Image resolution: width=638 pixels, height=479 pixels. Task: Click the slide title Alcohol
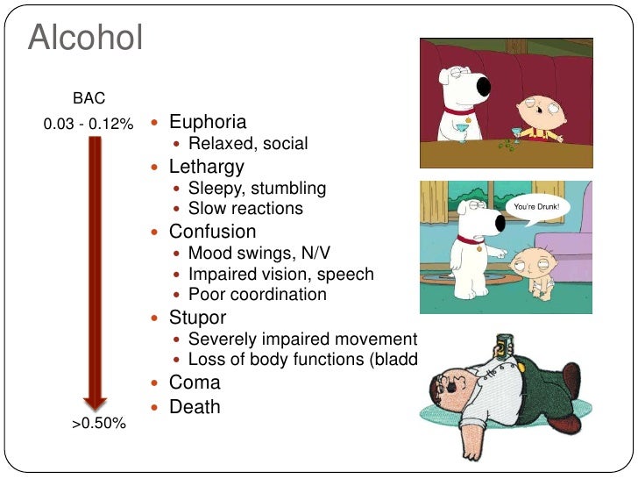85,39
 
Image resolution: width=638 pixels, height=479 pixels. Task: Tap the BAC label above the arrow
89,100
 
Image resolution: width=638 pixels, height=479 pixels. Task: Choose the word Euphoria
208,122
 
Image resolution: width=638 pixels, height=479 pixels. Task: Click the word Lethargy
206,166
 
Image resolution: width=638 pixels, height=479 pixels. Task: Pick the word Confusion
212,232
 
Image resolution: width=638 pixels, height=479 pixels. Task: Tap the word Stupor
197,318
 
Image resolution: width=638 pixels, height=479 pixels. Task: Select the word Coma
195,383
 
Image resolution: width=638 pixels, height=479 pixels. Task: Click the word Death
195,407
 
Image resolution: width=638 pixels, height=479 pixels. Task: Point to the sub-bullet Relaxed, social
248,143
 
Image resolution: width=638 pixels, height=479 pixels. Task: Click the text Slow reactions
245,209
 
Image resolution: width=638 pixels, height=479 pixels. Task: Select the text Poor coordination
258,295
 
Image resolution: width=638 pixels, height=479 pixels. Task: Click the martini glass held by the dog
462,132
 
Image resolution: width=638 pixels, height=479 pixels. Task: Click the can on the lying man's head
504,346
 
